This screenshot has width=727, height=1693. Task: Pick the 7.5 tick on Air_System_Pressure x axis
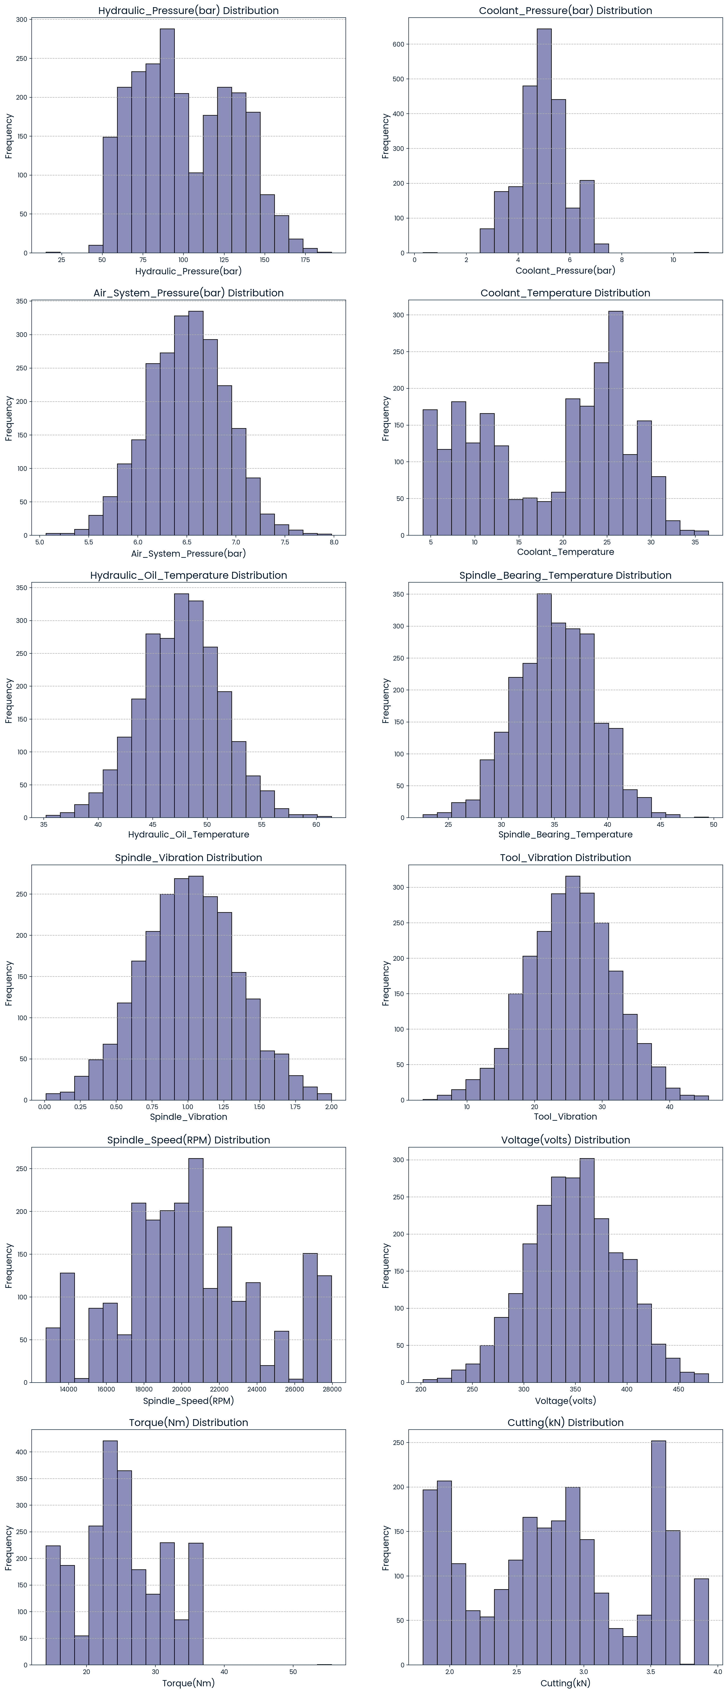click(285, 543)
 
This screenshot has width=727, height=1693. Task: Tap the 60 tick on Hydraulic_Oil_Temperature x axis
click(316, 825)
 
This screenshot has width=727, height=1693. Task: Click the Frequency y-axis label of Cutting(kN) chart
click(386, 1548)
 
